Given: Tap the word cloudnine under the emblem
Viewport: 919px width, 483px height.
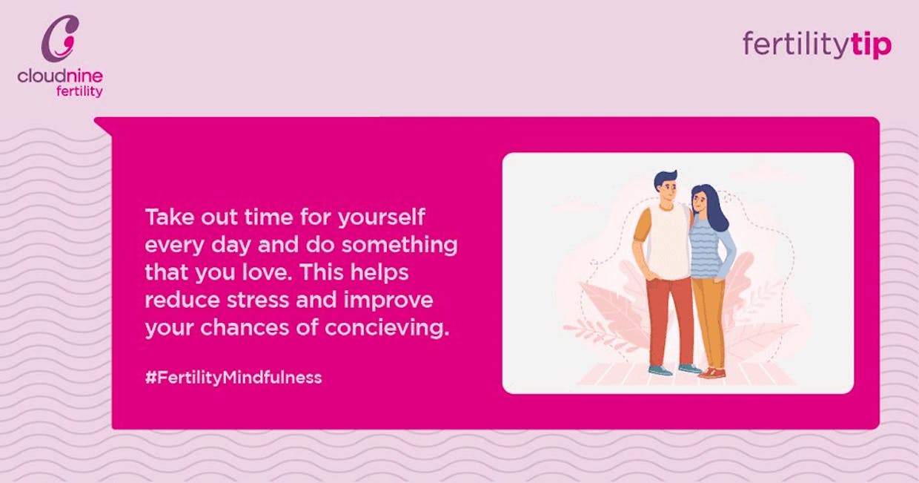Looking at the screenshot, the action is [x=60, y=76].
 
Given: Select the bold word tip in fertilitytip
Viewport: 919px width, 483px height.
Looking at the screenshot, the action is [x=872, y=45].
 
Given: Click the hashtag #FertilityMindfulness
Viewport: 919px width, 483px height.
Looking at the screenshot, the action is [x=233, y=378].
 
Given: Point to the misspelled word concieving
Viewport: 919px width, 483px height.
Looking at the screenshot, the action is [x=387, y=328].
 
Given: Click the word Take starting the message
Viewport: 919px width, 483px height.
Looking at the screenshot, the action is [x=169, y=217].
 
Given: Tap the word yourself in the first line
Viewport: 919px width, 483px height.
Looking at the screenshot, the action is [x=381, y=217].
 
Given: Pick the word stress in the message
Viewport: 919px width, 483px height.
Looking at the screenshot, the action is [x=258, y=300].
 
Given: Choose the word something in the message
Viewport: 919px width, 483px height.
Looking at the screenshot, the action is [x=399, y=245].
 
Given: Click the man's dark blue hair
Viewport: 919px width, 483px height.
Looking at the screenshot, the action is [x=665, y=179].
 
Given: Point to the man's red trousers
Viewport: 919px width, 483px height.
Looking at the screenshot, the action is [x=669, y=321].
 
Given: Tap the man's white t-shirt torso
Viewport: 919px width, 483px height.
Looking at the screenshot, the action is [x=669, y=243].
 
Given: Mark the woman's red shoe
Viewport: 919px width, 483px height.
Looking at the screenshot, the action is [x=712, y=373].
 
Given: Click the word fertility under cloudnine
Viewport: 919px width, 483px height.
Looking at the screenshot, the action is [x=79, y=91].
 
